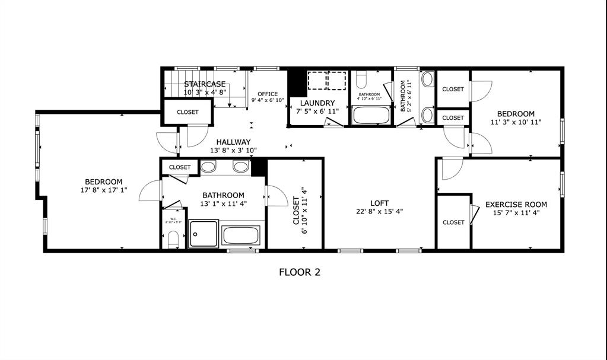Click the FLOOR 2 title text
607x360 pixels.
(300, 272)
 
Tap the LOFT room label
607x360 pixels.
(380, 203)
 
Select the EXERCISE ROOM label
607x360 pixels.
(516, 205)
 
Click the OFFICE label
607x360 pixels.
(268, 94)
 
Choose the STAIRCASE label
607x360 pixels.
(205, 84)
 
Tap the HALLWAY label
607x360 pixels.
(233, 142)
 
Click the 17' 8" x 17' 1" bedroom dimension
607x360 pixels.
(104, 191)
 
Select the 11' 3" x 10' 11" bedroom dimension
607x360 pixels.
(516, 122)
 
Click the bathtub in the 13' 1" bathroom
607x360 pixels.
(241, 235)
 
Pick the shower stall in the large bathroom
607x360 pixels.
(204, 234)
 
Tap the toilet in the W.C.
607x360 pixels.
(173, 238)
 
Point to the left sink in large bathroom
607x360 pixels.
(208, 167)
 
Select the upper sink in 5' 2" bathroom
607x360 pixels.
(427, 79)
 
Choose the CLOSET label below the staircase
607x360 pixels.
(187, 111)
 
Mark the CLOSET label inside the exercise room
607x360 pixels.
(453, 222)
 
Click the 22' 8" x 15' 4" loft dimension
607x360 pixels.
(380, 212)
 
